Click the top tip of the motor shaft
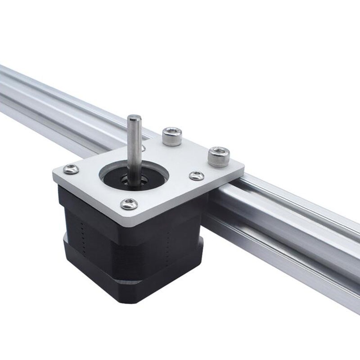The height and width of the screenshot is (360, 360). click(x=134, y=118)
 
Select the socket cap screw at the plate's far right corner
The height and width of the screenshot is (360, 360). click(x=219, y=156)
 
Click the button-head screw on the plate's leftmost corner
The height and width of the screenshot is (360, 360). click(x=71, y=169)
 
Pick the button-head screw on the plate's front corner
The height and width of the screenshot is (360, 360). click(x=129, y=204)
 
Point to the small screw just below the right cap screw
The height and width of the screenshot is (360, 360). click(x=197, y=176)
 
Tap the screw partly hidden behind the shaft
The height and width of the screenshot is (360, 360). click(x=143, y=147)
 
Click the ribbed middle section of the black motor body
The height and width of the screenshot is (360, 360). click(x=135, y=252)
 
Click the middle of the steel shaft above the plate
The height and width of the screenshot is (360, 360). click(x=134, y=144)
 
